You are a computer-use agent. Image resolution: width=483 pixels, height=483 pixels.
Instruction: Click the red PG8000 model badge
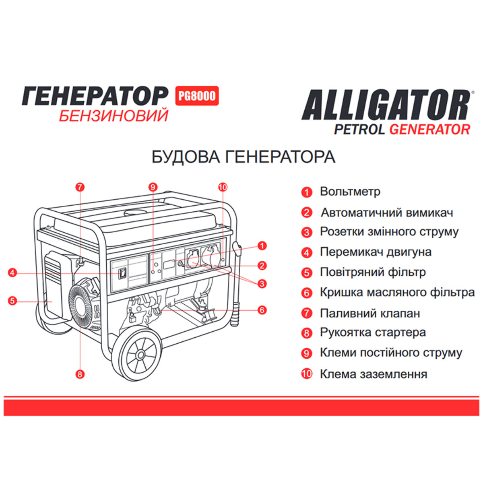[197, 96]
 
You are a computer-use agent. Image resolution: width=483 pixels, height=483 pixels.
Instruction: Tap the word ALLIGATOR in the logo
[386, 105]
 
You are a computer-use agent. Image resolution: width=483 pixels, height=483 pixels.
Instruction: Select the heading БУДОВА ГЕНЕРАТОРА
[243, 157]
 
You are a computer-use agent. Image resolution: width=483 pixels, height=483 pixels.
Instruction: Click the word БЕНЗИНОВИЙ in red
[114, 116]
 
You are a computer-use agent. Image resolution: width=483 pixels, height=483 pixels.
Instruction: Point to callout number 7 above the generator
[80, 187]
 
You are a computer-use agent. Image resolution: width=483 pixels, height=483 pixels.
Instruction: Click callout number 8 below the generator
[80, 374]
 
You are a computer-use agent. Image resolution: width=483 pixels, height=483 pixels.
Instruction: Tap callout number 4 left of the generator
[12, 273]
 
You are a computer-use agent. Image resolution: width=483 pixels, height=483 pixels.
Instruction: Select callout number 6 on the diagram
[262, 310]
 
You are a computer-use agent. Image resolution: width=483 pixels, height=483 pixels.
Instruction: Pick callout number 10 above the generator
[223, 187]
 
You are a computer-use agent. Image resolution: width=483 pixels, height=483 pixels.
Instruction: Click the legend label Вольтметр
[350, 192]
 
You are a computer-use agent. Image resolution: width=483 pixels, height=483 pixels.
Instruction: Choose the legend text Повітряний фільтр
[373, 272]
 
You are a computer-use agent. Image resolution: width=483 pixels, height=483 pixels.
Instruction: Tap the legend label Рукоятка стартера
[373, 332]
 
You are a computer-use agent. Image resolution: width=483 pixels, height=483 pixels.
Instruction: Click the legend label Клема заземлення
[373, 374]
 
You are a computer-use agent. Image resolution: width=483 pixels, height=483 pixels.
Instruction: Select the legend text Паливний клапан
[370, 313]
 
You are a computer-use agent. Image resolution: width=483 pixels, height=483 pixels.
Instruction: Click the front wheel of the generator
[140, 355]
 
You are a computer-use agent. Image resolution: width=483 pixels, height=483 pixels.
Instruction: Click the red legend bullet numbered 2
[307, 213]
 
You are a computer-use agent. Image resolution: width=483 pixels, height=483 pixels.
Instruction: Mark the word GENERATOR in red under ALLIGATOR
[430, 129]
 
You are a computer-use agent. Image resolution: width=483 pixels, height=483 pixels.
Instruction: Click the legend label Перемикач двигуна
[376, 252]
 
